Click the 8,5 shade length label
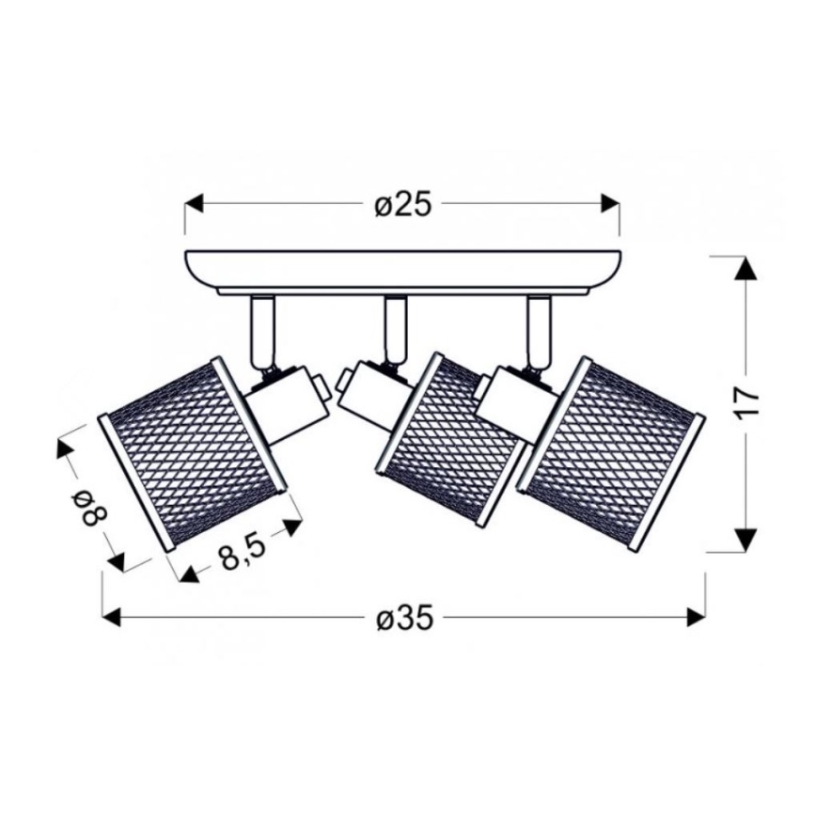point(242,554)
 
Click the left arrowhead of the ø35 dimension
point(112,618)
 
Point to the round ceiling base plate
point(402,268)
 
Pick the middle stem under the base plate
point(393,329)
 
